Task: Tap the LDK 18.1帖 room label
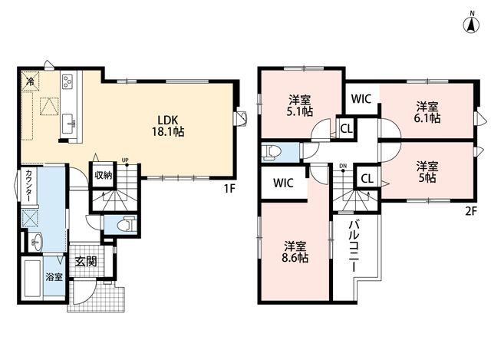(168, 126)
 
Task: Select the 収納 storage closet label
(104, 176)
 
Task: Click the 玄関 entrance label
(85, 261)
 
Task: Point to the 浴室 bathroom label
(54, 277)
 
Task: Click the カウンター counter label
(28, 186)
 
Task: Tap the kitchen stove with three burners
(68, 81)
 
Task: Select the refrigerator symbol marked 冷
(31, 81)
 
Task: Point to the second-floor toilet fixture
(272, 153)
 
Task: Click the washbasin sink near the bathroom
(37, 243)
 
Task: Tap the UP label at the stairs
(125, 160)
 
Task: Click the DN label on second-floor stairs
(343, 166)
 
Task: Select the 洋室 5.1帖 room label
(300, 106)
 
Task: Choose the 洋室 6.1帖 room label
(427, 112)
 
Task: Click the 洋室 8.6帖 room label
(295, 252)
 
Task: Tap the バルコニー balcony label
(354, 246)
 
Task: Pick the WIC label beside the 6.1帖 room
(361, 99)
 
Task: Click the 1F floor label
(229, 189)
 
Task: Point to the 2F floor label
(470, 212)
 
